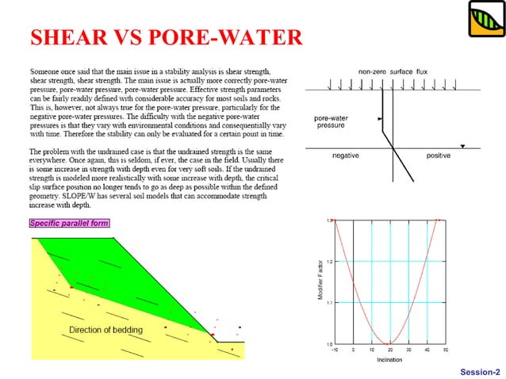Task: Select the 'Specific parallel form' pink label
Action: click(69, 223)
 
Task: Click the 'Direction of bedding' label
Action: click(105, 329)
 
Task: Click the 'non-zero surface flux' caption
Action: click(393, 71)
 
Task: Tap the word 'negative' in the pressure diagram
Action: click(345, 155)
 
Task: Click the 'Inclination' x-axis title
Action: click(389, 360)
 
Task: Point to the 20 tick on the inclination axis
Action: click(390, 350)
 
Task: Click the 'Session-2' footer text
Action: click(480, 371)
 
